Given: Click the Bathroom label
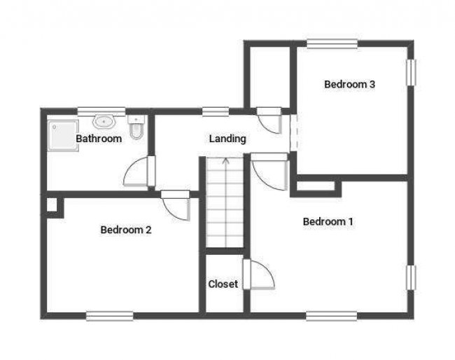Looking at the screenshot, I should pos(99,139).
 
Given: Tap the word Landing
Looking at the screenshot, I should pos(227,139).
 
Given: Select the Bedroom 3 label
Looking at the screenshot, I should pos(350,85).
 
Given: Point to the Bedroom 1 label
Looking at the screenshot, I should pos(328,222).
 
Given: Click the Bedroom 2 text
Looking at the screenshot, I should pos(126,229).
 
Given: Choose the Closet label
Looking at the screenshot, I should pos(223,284).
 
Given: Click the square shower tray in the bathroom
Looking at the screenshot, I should pos(61,134).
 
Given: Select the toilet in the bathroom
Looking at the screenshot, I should pos(136,129).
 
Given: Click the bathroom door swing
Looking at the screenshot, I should pos(138,173).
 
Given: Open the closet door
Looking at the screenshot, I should pos(258,275).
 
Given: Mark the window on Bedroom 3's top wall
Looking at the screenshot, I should pos(332,44).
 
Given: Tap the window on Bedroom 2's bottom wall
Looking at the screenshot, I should pos(109,315).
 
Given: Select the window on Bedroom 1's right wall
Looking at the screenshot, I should pos(412,277).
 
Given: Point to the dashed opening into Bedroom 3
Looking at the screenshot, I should pos(293,132).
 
